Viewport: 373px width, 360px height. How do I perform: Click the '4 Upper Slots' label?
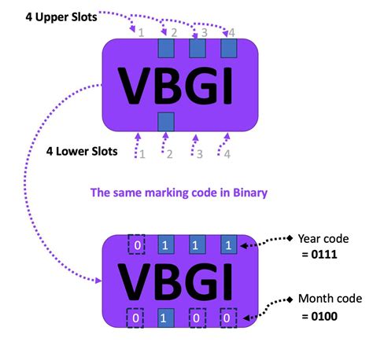click(61, 17)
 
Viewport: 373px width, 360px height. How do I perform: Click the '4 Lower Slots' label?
click(82, 152)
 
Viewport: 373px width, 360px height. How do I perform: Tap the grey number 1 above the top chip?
click(141, 33)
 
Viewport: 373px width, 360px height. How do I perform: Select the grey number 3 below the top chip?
click(200, 154)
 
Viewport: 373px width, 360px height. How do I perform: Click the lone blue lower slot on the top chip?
click(166, 122)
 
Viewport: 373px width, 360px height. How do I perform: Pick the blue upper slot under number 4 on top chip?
click(229, 48)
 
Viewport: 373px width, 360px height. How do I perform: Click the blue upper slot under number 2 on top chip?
click(166, 48)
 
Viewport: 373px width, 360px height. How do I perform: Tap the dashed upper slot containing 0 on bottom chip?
click(136, 244)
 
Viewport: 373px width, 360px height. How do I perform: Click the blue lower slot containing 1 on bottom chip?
click(166, 318)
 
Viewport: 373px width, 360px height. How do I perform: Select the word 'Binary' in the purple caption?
click(250, 193)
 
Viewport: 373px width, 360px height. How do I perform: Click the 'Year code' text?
click(323, 239)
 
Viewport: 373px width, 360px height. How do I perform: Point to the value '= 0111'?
click(319, 255)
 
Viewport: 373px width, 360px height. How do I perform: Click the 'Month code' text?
click(331, 299)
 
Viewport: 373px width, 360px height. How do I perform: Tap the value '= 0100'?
click(319, 316)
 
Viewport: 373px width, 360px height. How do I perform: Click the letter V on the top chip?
click(135, 86)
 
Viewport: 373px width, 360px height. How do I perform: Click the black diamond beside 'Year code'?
click(290, 238)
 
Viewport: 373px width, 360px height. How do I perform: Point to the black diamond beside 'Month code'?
click(290, 299)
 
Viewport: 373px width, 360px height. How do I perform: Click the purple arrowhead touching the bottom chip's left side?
click(98, 281)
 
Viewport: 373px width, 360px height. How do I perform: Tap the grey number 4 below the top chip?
click(227, 154)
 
